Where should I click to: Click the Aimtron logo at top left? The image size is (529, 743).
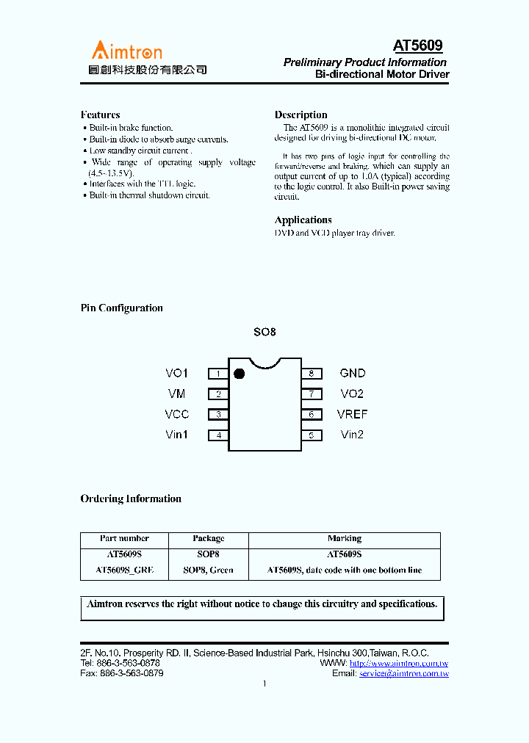(127, 51)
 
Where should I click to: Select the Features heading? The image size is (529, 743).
(100, 115)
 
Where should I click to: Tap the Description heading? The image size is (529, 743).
(301, 115)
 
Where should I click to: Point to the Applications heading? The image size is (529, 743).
(303, 220)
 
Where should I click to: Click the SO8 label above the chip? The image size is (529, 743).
(264, 332)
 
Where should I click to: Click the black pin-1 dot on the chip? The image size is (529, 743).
(238, 374)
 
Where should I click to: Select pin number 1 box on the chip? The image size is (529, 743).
(218, 374)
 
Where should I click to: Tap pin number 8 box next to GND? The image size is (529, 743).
(312, 374)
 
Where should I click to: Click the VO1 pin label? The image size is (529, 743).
(176, 374)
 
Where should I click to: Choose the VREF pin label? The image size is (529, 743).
(352, 415)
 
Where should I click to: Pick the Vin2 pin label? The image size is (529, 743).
(352, 435)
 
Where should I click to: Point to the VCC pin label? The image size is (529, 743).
(176, 415)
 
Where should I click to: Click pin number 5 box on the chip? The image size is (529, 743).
(312, 435)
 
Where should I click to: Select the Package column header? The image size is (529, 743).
(209, 538)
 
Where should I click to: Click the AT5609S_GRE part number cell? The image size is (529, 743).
(124, 570)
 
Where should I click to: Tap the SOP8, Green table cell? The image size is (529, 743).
(209, 570)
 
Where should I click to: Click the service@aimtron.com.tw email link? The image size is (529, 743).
(403, 673)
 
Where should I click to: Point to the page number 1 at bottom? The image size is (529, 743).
(264, 684)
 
